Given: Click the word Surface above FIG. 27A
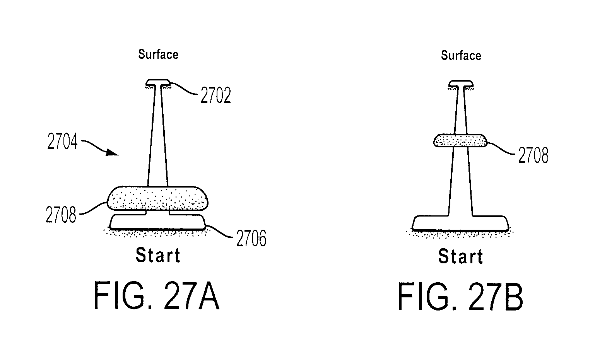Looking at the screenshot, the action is coord(158,55).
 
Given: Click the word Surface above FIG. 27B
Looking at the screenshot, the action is coord(461,56).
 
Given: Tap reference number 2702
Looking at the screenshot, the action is coord(216,95).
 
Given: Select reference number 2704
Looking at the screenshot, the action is coord(62,141).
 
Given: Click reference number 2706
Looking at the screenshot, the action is coord(251,238).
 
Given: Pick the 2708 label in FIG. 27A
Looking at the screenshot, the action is coord(61,215).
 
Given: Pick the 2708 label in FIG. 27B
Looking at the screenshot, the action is coord(533,155).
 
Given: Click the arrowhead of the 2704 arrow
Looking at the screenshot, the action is coord(113,153).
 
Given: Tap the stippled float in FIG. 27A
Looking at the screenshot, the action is coord(158,198).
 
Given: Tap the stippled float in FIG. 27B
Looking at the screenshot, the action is coord(460,141).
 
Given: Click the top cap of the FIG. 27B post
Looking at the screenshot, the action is coord(461,84).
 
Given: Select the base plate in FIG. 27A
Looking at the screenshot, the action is coord(157,222).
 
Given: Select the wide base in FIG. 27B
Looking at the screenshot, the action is coord(460,224).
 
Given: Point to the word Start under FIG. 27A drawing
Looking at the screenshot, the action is coord(158,256).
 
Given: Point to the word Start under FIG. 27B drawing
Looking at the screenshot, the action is coord(461,256).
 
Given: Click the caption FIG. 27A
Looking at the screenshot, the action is coord(157,296).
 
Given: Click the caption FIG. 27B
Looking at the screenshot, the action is coord(460,297).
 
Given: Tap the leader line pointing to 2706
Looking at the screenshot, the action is coord(219,232).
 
